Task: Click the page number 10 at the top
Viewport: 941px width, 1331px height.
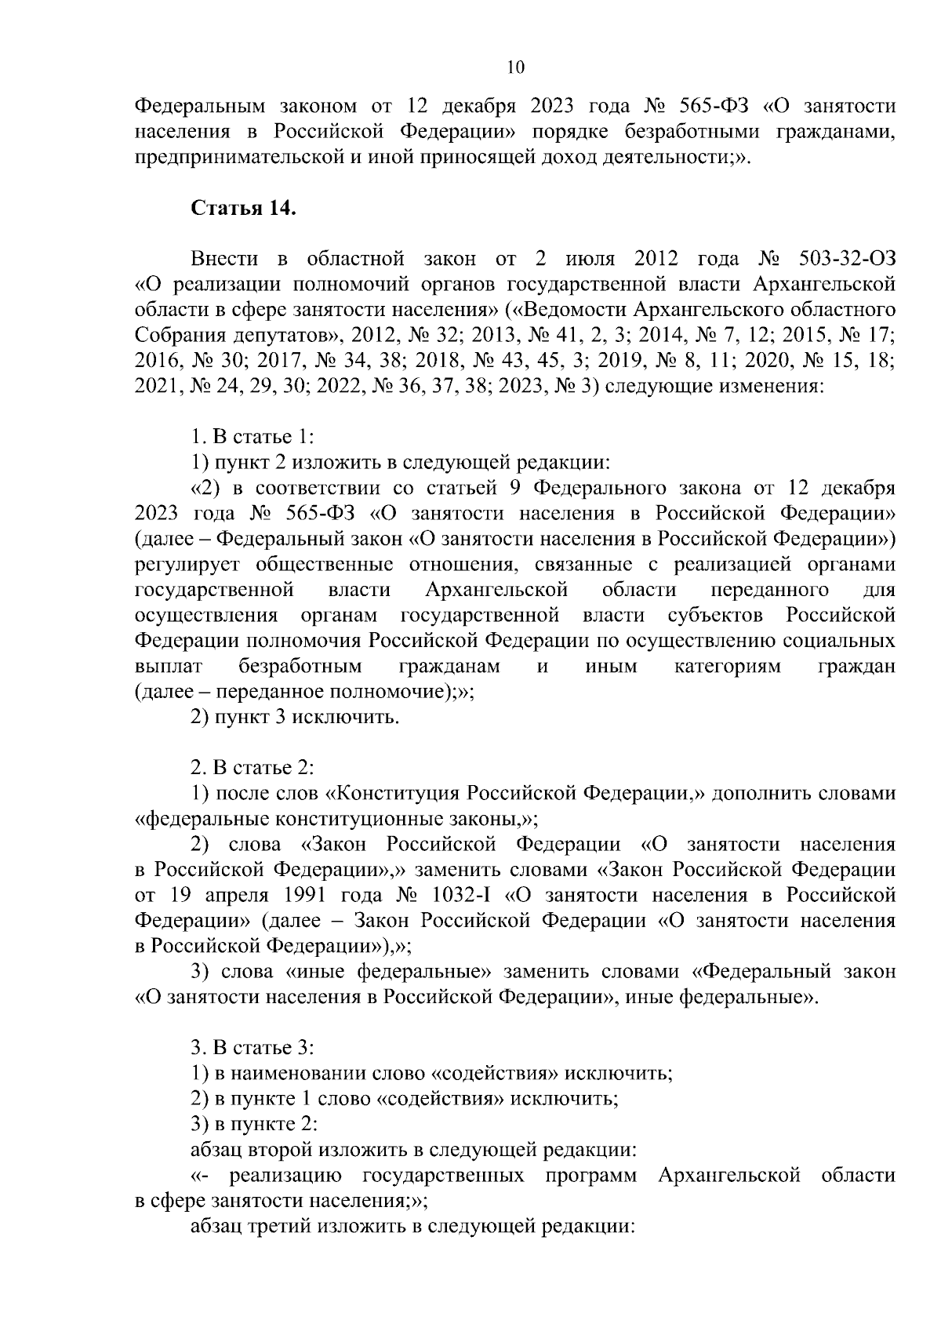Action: point(516,67)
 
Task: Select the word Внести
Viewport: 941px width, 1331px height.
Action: point(223,258)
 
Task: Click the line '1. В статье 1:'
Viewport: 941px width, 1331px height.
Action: point(253,437)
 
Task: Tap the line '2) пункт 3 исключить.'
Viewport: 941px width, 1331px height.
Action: point(296,717)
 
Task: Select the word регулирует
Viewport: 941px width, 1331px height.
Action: point(181,565)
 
